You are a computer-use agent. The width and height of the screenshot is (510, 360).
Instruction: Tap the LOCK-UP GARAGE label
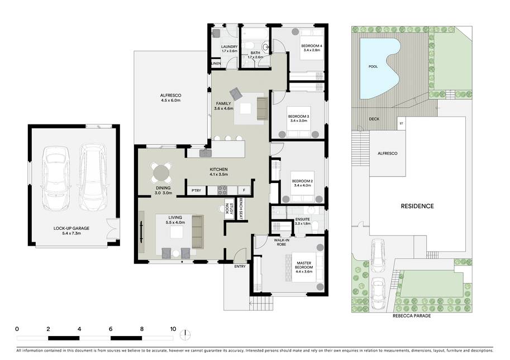point(72,228)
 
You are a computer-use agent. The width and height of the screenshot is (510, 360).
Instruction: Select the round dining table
point(161,172)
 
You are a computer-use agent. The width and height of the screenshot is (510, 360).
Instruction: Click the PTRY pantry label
point(196,191)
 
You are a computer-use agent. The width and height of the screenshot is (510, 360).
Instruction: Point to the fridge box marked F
point(244,190)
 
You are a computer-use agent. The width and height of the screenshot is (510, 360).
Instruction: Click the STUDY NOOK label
point(229,209)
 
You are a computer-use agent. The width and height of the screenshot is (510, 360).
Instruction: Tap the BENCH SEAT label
point(241,208)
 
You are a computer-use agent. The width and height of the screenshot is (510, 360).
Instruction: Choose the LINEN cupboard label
point(216,64)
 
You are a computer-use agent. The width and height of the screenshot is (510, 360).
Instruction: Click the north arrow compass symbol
point(185,334)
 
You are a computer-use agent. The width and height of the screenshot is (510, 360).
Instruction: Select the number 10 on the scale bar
point(173,329)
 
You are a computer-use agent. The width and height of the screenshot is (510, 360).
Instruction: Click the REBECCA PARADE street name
point(412,316)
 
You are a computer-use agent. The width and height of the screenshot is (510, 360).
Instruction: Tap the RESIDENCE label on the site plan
point(417,206)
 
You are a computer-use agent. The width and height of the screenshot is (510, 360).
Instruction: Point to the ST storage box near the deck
point(402,123)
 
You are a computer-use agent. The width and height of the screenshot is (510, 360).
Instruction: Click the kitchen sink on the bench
point(206,153)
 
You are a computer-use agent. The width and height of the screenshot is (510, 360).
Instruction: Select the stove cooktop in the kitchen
point(222,190)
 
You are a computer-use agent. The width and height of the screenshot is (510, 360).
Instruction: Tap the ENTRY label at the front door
point(240,266)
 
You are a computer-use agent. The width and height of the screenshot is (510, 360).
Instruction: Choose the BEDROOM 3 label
point(298,116)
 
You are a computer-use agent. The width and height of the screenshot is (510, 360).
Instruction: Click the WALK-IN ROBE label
point(282,242)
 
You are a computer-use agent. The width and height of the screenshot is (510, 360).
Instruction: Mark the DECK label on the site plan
point(374,119)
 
